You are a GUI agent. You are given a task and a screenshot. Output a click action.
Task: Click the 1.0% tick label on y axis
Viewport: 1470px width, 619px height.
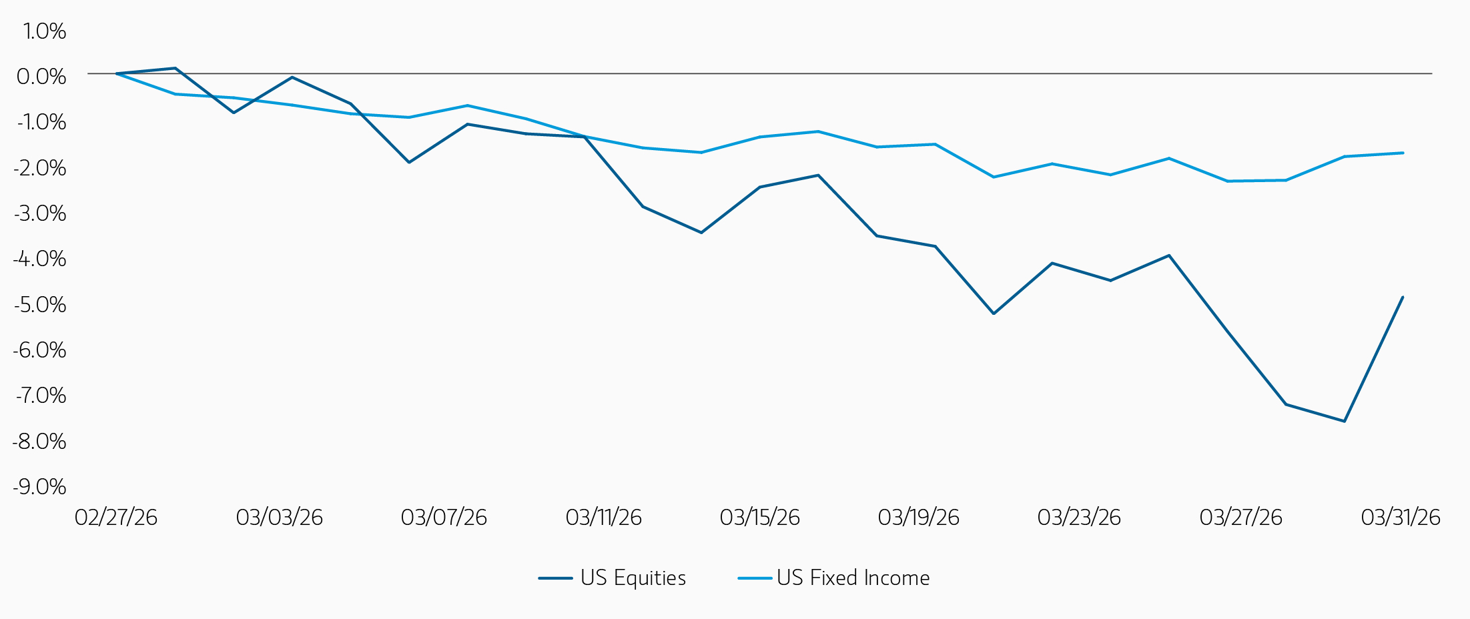point(45,31)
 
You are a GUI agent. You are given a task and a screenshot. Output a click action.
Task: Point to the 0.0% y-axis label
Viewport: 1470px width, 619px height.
point(41,77)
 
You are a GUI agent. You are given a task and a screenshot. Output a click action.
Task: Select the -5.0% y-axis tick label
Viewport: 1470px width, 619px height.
point(39,305)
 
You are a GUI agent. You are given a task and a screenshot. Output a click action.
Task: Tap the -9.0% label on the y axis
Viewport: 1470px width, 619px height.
point(39,487)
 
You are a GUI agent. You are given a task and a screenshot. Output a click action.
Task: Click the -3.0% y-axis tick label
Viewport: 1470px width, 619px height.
point(39,213)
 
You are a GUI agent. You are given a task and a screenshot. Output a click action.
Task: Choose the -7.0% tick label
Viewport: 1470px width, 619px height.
point(40,396)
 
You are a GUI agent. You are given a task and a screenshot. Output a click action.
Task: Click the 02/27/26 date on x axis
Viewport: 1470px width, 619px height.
point(116,518)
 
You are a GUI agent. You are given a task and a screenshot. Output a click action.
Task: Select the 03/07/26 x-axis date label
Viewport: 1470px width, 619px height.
point(444,518)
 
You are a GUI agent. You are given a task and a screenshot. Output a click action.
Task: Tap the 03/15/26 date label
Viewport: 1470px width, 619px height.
point(759,518)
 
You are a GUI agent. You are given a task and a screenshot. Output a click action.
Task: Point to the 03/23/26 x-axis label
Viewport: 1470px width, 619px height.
point(1079,518)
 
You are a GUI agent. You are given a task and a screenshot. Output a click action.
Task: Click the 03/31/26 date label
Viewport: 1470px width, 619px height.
point(1401,518)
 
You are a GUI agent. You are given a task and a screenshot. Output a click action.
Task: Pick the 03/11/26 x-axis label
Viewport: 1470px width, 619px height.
point(603,518)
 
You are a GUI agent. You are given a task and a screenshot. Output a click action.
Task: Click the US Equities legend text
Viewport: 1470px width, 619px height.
point(633,578)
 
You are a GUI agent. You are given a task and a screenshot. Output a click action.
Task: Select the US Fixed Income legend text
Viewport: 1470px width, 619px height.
point(853,578)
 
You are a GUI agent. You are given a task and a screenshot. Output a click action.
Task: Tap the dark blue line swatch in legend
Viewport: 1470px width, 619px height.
point(555,578)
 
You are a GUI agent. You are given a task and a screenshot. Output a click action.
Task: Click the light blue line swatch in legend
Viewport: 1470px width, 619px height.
point(755,578)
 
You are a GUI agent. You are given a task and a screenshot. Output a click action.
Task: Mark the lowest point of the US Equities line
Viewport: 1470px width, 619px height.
point(1344,421)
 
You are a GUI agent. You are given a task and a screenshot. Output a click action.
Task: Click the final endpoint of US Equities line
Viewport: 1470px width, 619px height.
point(1403,297)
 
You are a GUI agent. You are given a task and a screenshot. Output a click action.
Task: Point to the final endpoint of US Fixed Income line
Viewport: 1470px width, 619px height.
point(1403,153)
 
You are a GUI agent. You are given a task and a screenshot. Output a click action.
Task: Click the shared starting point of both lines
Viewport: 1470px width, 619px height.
point(117,73)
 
